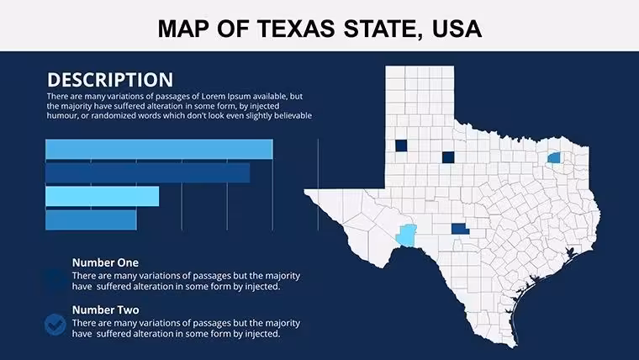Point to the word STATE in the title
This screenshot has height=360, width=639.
[x=383, y=29]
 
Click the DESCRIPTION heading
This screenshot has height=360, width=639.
[x=110, y=80]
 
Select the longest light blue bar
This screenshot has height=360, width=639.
[x=159, y=149]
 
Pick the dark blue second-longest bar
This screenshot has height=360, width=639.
[x=147, y=173]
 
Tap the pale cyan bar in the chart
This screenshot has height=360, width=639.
[x=103, y=196]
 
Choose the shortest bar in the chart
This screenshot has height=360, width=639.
[x=91, y=220]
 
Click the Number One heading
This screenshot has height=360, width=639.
[x=105, y=262]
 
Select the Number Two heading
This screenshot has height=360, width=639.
[x=106, y=310]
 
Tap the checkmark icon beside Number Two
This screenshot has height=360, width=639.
[x=55, y=325]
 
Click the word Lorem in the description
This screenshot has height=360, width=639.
[x=214, y=97]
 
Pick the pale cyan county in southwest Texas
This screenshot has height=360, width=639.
[x=406, y=236]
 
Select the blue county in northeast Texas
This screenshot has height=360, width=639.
[x=553, y=158]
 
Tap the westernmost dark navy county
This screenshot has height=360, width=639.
[x=401, y=146]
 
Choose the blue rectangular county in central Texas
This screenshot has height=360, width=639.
[x=460, y=229]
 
